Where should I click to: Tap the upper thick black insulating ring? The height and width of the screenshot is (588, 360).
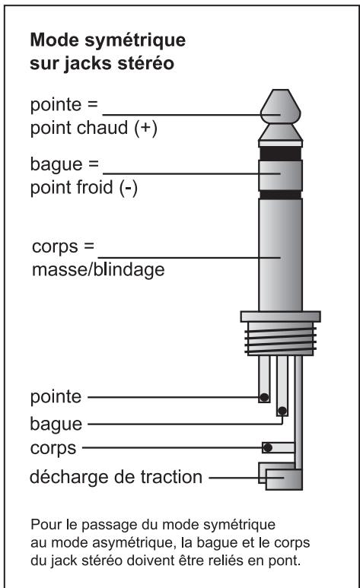coord(280,154)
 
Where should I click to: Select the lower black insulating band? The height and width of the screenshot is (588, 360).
coord(280,195)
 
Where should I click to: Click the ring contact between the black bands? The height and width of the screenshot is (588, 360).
coord(280,176)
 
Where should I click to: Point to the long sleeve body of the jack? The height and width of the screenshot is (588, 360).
coord(280,255)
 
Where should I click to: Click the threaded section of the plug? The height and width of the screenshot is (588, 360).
coord(280,338)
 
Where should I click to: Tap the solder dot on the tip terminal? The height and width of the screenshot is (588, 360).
coord(264,397)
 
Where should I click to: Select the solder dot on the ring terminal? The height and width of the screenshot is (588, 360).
coord(282,411)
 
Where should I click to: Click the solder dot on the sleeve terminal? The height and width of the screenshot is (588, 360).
coord(268,447)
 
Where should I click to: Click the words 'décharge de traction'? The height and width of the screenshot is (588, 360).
coord(116,477)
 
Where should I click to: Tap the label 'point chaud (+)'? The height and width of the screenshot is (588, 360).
coord(94,129)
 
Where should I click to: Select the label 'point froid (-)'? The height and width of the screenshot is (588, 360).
coord(84,187)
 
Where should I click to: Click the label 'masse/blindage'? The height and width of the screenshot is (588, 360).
coord(98,269)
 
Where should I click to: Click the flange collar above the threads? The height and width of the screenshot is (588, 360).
coord(280,316)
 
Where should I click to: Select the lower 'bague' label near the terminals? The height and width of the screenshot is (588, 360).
coord(56,424)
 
